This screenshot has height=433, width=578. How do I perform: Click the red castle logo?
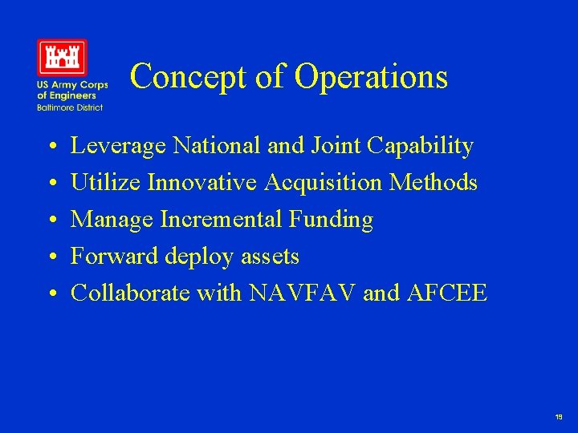click(62, 57)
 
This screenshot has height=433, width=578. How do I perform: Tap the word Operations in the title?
click(371, 77)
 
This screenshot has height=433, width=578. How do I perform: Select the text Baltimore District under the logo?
click(69, 107)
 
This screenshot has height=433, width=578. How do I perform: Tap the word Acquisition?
click(324, 184)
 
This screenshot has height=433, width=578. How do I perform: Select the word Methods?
click(433, 183)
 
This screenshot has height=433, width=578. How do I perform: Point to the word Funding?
click(336, 221)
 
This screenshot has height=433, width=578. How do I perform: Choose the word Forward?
click(115, 257)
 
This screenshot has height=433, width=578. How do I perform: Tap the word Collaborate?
click(130, 293)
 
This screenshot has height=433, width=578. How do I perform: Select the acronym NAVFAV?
click(303, 293)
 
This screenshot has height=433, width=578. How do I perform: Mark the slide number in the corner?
click(558, 417)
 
